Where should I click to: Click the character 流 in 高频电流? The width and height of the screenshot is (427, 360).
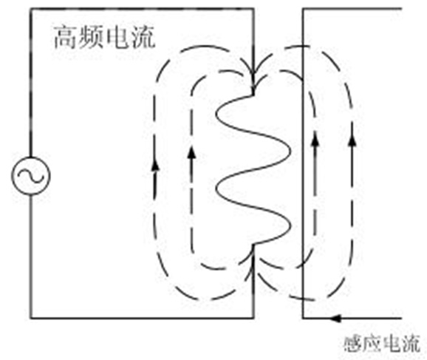143,38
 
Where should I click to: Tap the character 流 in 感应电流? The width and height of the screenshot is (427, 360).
411,344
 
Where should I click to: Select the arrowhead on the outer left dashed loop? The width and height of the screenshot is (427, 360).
155,166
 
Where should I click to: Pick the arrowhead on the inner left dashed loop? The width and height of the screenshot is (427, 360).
192,152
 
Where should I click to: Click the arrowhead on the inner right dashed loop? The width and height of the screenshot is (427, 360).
315,140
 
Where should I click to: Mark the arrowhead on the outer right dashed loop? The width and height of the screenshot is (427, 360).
352,140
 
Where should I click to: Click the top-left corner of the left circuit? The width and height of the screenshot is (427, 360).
31,9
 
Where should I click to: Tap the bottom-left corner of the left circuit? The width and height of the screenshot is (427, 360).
31,318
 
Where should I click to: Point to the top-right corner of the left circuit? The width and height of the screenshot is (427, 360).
253,9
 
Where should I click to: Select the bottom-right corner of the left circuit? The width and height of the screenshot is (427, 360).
253,318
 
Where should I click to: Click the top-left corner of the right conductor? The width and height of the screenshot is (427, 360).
303,9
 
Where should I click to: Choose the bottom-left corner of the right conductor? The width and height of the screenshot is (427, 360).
303,318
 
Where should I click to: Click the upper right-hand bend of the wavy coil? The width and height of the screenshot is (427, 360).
290,151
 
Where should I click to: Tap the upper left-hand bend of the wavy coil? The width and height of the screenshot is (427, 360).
216,113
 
